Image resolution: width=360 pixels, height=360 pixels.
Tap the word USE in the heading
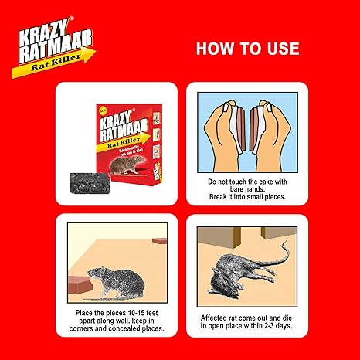(279, 49)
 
